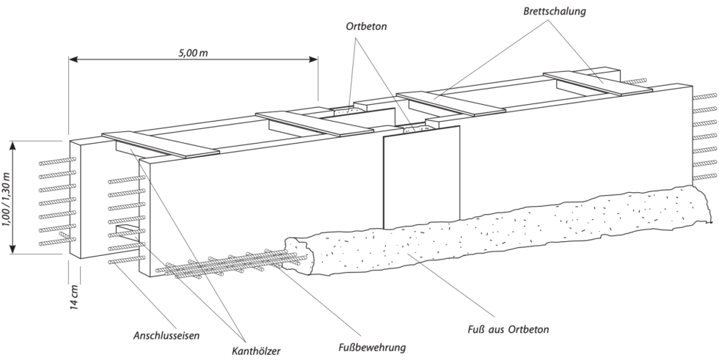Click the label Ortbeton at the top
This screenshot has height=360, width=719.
(367, 25)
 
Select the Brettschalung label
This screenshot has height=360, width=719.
(555, 12)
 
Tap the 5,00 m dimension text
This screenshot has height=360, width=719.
(193, 54)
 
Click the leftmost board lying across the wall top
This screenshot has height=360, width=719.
(160, 144)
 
